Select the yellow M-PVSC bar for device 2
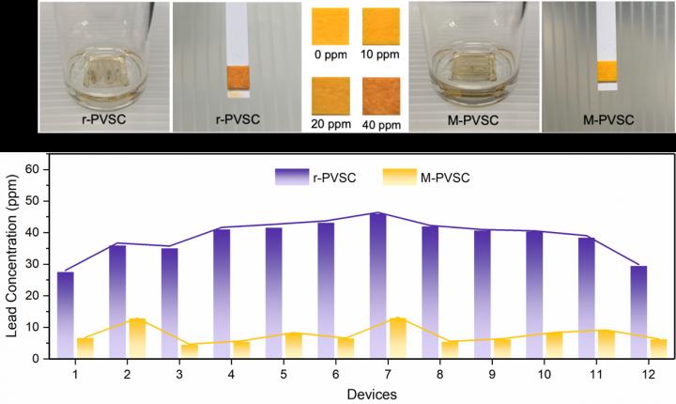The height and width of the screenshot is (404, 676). click(x=137, y=338)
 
